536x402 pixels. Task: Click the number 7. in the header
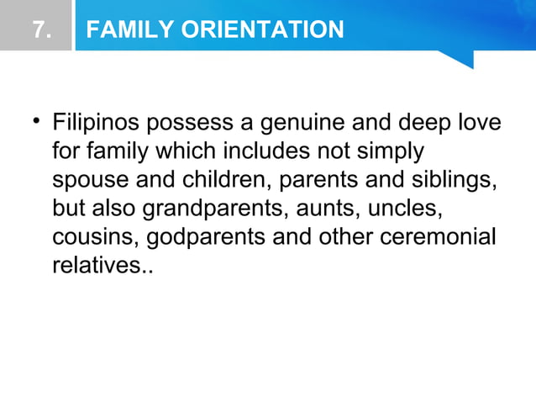click(x=39, y=30)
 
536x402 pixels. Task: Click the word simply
click(x=388, y=153)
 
